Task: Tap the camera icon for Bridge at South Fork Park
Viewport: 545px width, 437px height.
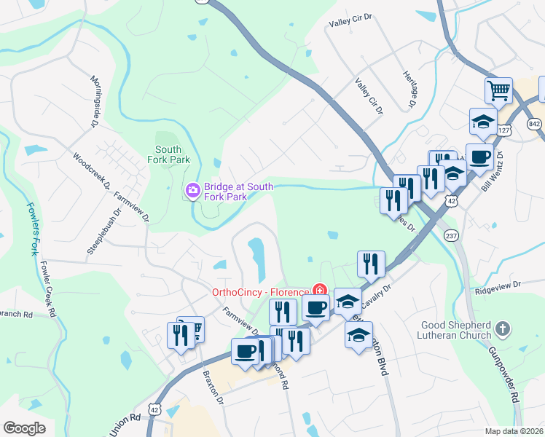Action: (x=193, y=191)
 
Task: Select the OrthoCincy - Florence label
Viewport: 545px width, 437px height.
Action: (x=260, y=292)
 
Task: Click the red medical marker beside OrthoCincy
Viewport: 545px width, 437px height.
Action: (x=318, y=291)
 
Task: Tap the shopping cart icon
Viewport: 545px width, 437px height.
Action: (x=498, y=90)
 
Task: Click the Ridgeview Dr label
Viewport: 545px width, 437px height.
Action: (x=498, y=286)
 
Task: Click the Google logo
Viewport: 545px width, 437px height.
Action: (x=25, y=428)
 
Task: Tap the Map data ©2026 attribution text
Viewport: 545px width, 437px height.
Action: (x=514, y=431)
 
